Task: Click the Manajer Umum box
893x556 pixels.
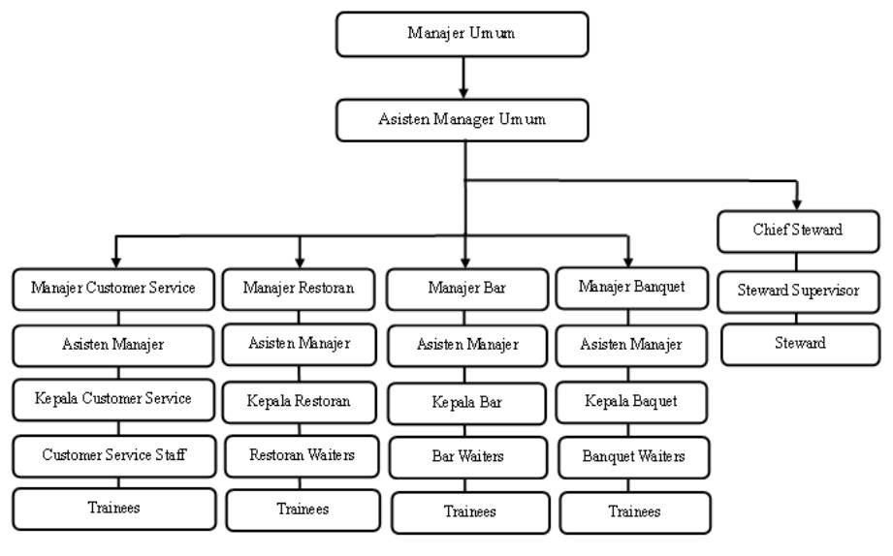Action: [x=462, y=34]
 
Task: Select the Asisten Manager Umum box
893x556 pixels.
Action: [x=462, y=120]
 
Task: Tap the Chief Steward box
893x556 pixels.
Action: [x=798, y=232]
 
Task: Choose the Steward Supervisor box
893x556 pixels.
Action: [x=798, y=292]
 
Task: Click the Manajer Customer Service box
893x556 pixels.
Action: [x=113, y=289]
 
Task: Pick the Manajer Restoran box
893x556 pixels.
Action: [x=299, y=289]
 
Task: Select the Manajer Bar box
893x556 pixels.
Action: [x=467, y=289]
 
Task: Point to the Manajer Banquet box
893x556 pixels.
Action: [x=631, y=288]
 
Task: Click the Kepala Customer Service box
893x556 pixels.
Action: [x=113, y=399]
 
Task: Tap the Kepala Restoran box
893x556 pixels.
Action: [x=299, y=402]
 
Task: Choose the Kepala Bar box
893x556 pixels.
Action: [x=467, y=404]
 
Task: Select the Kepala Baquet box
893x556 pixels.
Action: [x=631, y=402]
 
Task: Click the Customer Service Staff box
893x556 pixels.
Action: [x=113, y=456]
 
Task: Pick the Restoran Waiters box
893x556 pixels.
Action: [x=302, y=456]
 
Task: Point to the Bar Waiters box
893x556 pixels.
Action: [x=468, y=457]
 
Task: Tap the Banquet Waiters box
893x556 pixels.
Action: [x=634, y=457]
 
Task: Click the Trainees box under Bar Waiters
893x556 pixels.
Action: [x=470, y=512]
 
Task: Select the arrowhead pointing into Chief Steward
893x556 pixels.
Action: [x=797, y=204]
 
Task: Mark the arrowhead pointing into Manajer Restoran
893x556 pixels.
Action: [x=300, y=263]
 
